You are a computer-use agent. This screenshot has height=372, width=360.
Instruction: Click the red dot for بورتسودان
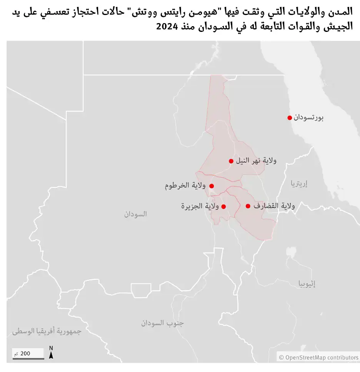[x=290, y=118]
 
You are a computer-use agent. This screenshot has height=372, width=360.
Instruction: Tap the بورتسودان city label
[x=308, y=118]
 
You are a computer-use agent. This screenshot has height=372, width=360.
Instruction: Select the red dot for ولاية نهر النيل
[x=231, y=161]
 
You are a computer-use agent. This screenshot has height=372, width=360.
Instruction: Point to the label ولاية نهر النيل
[x=256, y=161]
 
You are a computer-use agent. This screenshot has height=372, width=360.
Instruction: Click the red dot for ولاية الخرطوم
[x=212, y=186]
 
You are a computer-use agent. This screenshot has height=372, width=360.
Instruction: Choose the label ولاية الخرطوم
[x=185, y=186]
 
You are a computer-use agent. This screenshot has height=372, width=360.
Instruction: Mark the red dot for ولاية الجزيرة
[x=224, y=206]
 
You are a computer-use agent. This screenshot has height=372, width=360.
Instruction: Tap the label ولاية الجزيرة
[x=200, y=206]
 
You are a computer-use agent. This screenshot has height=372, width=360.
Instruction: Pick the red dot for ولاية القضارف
[x=248, y=206]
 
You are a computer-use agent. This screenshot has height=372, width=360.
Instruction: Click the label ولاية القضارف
[x=274, y=206]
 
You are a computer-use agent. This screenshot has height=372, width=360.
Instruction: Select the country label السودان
[x=135, y=214]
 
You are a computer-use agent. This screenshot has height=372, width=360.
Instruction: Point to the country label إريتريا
[x=299, y=184]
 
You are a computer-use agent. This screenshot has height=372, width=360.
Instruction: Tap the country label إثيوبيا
[x=307, y=284]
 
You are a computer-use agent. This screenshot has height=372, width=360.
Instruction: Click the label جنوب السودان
[x=162, y=323]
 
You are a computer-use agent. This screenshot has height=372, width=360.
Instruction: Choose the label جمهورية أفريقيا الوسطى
[x=47, y=331]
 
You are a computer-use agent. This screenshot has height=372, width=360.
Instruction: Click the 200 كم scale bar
[x=28, y=354]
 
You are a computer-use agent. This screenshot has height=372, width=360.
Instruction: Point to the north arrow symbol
[x=51, y=353]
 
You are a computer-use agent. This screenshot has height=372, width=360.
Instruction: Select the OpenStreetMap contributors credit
[x=318, y=357]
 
